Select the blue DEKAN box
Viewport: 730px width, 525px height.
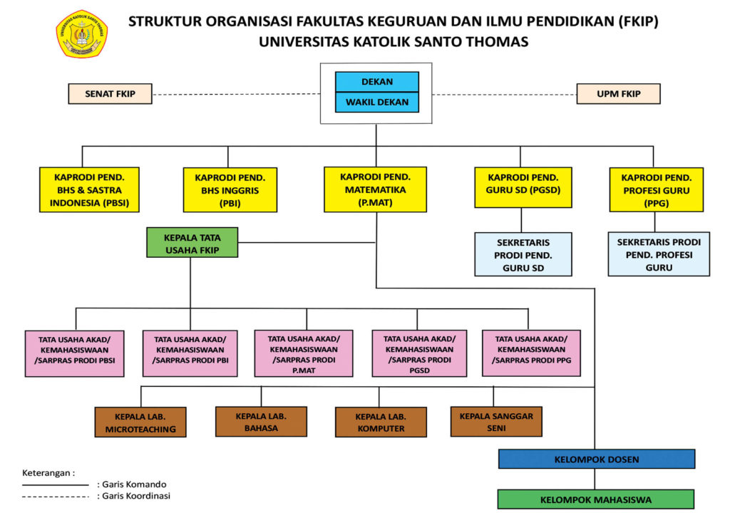pyautogui.click(x=377, y=82)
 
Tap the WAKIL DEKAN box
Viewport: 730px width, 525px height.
pyautogui.click(x=377, y=102)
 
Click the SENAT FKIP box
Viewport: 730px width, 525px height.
pyautogui.click(x=110, y=94)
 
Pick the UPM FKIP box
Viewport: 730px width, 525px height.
pyautogui.click(x=618, y=94)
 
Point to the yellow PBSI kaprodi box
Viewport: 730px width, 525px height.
pyautogui.click(x=89, y=189)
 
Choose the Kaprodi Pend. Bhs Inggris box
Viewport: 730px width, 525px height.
pyautogui.click(x=230, y=189)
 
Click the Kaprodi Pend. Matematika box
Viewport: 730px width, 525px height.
pyautogui.click(x=375, y=189)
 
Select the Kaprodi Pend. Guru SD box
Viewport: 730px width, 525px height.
pyautogui.click(x=523, y=187)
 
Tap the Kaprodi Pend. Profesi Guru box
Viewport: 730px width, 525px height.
pyautogui.click(x=656, y=189)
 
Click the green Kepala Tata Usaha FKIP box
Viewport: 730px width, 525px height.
pyautogui.click(x=191, y=242)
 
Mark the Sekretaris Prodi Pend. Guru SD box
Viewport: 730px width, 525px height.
pyautogui.click(x=523, y=254)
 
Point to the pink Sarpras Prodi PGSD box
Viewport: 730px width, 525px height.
pyautogui.click(x=419, y=353)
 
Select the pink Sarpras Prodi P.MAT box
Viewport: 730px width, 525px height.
pyautogui.click(x=303, y=353)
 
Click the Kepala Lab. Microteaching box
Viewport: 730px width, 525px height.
pyautogui.click(x=140, y=422)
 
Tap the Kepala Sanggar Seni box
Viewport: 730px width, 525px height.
pyautogui.click(x=496, y=421)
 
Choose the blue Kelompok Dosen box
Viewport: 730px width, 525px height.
pyautogui.click(x=596, y=459)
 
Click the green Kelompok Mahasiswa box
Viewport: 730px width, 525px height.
pyautogui.click(x=595, y=499)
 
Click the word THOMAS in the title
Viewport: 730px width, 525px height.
pyautogui.click(x=493, y=41)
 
